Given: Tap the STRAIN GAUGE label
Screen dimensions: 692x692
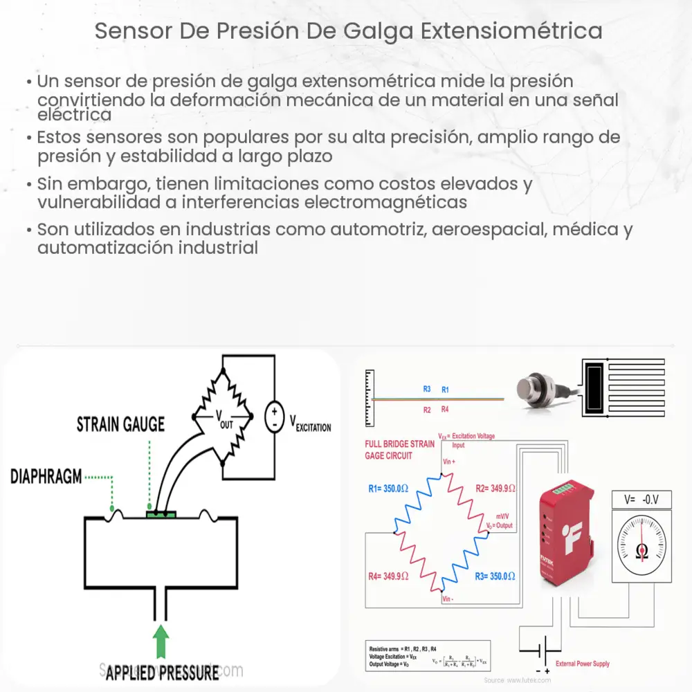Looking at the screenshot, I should coord(120,424).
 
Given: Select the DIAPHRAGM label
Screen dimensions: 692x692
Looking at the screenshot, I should coord(46,477).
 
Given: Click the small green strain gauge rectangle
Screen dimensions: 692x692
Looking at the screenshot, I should coord(161,514).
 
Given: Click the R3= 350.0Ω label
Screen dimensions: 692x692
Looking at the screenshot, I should coord(493,575).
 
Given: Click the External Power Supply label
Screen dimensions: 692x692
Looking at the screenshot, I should coord(582,664).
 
